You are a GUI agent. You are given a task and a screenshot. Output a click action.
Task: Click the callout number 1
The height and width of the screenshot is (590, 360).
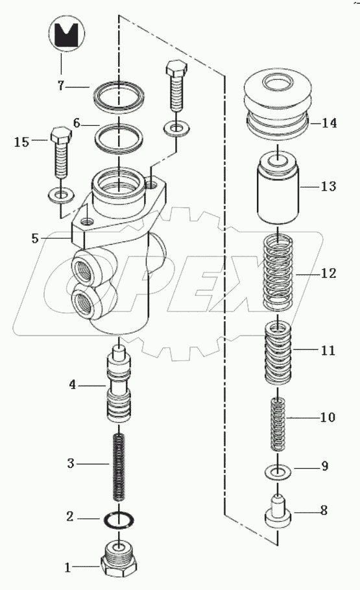tap(67, 568)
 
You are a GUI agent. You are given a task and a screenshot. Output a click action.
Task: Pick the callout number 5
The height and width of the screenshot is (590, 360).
tap(35, 238)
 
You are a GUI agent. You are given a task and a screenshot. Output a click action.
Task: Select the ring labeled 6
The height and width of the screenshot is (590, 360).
tap(118, 138)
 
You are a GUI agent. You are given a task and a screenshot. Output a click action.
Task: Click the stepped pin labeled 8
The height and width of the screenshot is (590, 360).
tap(278, 513)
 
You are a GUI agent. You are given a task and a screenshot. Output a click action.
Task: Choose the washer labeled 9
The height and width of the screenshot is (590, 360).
tap(278, 470)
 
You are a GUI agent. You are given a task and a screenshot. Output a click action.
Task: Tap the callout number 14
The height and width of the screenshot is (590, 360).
tap(328, 122)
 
